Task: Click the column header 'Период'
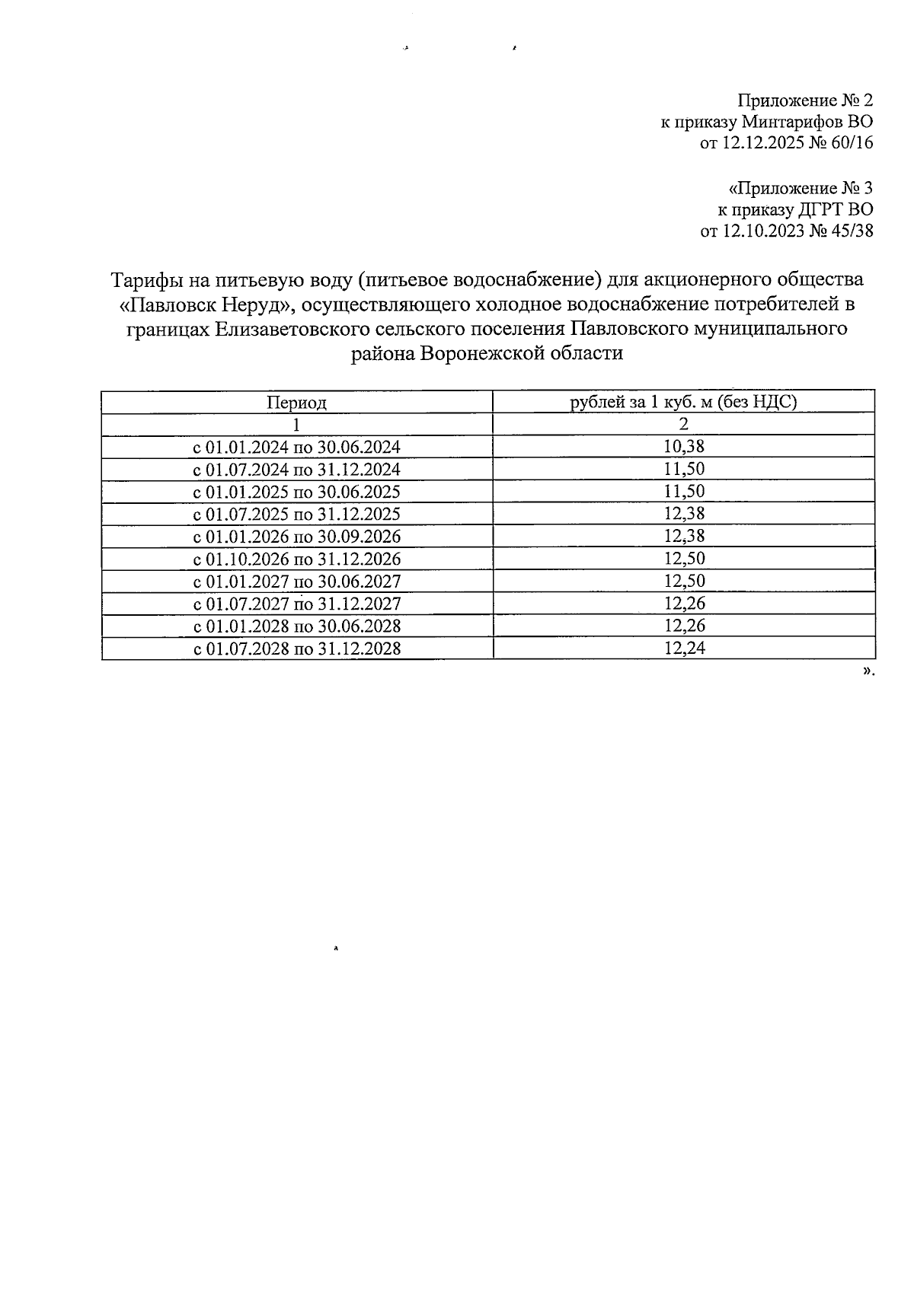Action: pyautogui.click(x=296, y=402)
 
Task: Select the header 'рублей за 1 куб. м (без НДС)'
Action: pyautogui.click(x=683, y=402)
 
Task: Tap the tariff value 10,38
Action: pyautogui.click(x=684, y=446)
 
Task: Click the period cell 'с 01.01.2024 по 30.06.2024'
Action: pyautogui.click(x=297, y=447)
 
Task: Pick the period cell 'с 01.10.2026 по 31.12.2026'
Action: pyautogui.click(x=297, y=559)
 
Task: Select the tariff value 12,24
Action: pyautogui.click(x=684, y=648)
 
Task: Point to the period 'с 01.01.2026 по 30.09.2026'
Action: pyautogui.click(x=297, y=537)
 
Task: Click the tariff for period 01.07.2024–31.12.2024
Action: pyautogui.click(x=684, y=469)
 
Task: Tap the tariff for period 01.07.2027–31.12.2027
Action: pyautogui.click(x=684, y=604)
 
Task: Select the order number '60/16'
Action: pyautogui.click(x=853, y=143)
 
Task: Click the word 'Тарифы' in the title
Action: pyautogui.click(x=145, y=280)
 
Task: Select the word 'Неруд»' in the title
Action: pyautogui.click(x=259, y=304)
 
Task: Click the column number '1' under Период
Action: pyautogui.click(x=296, y=424)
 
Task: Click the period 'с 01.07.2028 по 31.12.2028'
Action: pyautogui.click(x=297, y=649)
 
